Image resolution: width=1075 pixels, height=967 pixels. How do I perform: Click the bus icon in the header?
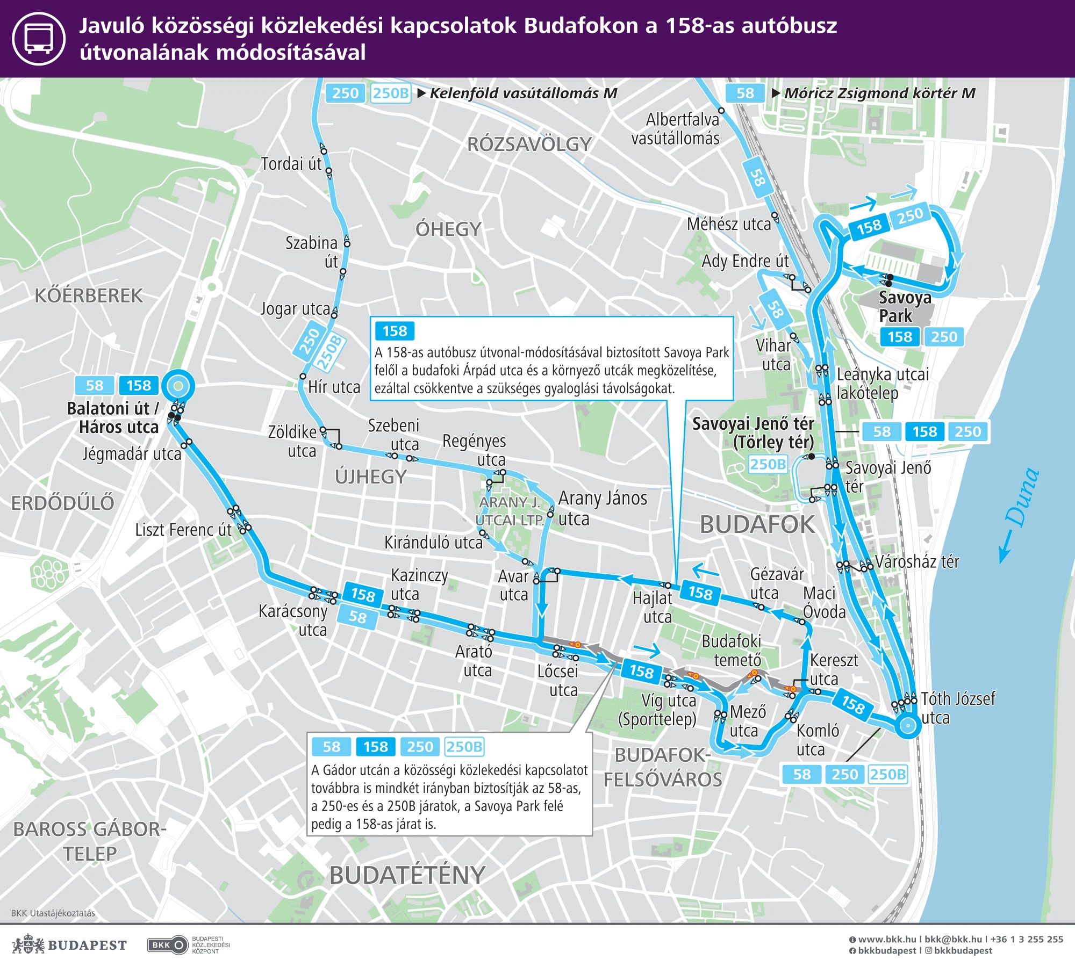coord(39,39)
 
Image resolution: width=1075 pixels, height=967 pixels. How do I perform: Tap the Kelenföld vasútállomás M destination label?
coord(523,93)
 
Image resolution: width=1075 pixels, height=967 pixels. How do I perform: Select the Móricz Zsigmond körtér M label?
coord(879,93)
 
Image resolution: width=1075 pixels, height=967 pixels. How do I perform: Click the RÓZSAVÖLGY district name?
coord(529,145)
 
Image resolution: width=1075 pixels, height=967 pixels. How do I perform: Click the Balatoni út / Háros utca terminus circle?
coord(178,386)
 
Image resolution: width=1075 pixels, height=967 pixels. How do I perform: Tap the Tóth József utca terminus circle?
coord(908,725)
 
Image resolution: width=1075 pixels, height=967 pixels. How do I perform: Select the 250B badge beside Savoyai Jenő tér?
coord(768,464)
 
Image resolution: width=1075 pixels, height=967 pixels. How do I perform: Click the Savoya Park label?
coord(904,306)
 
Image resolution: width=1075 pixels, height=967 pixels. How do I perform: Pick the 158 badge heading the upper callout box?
coord(395,331)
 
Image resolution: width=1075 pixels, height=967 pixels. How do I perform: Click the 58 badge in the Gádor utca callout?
coord(332,747)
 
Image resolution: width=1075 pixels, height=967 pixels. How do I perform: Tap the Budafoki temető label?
coord(732,650)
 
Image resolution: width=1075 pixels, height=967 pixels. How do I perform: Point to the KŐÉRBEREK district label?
coord(89,296)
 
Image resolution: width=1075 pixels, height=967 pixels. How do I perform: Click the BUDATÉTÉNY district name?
coord(407,875)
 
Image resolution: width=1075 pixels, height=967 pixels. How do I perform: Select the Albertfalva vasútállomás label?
coord(676,129)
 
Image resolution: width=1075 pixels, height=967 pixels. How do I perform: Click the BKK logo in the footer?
coord(167,945)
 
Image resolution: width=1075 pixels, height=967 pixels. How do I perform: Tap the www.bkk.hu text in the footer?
coord(886,939)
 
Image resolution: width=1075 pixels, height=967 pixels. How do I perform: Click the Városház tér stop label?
coord(916,562)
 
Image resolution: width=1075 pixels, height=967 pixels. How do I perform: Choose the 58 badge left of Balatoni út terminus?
coord(95,386)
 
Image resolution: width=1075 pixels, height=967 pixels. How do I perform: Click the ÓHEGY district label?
coord(448,229)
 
